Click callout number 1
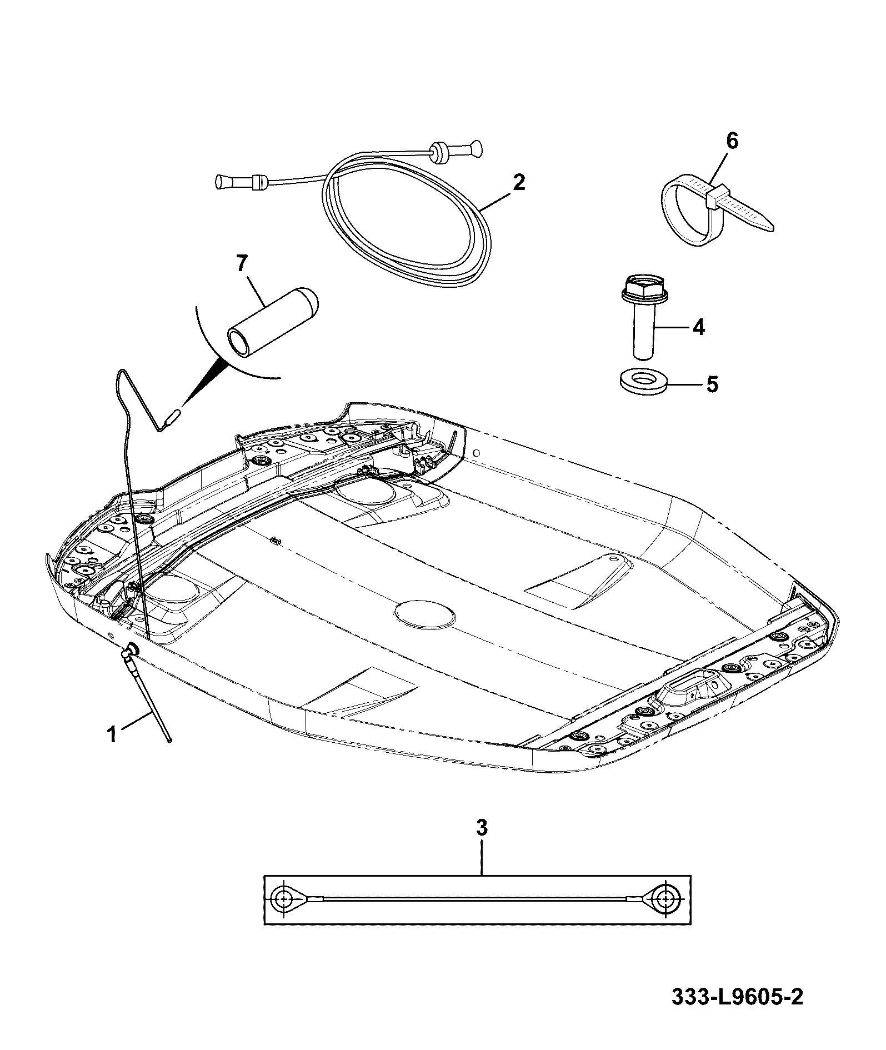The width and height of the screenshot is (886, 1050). pyautogui.click(x=112, y=734)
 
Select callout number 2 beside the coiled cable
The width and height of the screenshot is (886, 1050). pyautogui.click(x=518, y=182)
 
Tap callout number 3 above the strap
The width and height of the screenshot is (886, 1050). pyautogui.click(x=482, y=843)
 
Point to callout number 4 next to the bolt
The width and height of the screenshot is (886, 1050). pyautogui.click(x=698, y=327)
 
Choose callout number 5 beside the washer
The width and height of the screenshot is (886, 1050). pyautogui.click(x=712, y=384)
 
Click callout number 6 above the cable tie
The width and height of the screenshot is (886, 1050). pyautogui.click(x=732, y=141)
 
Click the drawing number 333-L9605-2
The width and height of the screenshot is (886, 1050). pyautogui.click(x=737, y=1012)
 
